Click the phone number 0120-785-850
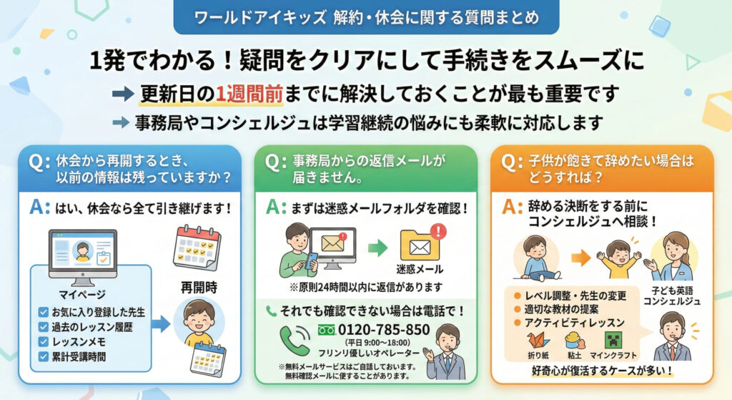pyautogui.click(x=384, y=330)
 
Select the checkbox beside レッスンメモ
pyautogui.click(x=44, y=341)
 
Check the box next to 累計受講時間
pyautogui.click(x=44, y=356)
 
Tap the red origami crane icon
pyautogui.click(x=538, y=341)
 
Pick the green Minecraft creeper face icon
pyautogui.click(x=613, y=341)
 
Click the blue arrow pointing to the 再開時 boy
pyautogui.click(x=161, y=324)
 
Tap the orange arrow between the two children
pyautogui.click(x=581, y=258)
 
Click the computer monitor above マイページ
pyautogui.click(x=83, y=257)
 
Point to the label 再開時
pyautogui.click(x=199, y=287)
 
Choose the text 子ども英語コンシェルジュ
pyautogui.click(x=672, y=296)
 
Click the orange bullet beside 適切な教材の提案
pyautogui.click(x=517, y=309)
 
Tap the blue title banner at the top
pyautogui.click(x=366, y=17)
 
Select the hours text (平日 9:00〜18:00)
pyautogui.click(x=377, y=343)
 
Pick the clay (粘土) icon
pyautogui.click(x=575, y=341)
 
